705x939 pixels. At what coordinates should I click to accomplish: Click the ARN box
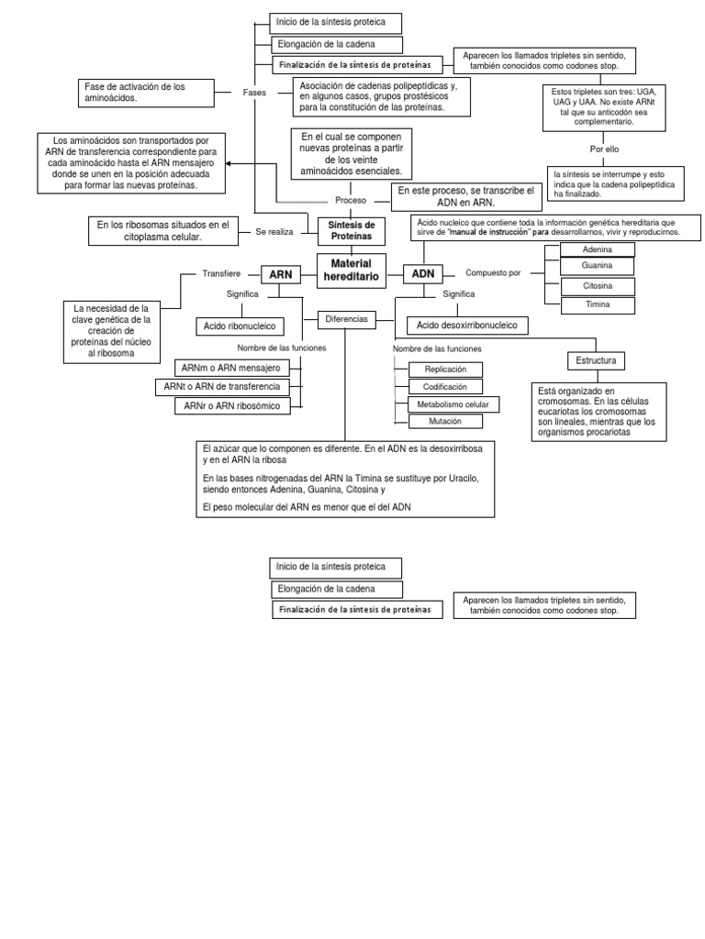point(280,273)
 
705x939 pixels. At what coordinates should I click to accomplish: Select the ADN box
point(423,273)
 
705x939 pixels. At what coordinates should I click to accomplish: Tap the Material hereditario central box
point(348,269)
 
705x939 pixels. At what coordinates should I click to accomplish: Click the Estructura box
point(597,360)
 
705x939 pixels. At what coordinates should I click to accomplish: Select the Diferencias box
point(346,320)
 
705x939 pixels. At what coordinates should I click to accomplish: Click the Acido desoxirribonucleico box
point(466,326)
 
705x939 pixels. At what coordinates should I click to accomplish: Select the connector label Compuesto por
point(493,273)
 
